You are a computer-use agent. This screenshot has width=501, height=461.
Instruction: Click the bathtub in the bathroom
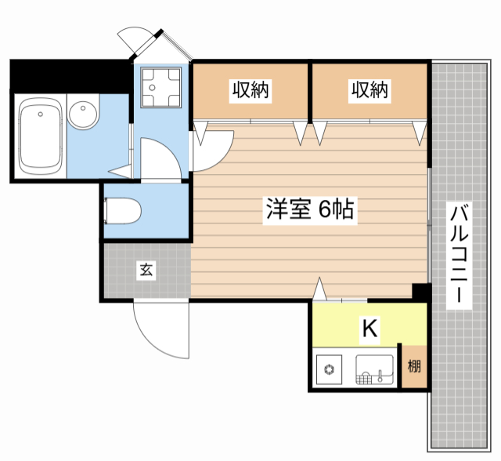point(40,136)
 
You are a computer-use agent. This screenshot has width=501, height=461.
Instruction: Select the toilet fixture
point(123,211)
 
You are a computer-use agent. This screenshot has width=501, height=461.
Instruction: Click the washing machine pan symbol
point(161,87)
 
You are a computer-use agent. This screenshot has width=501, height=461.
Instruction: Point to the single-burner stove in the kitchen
point(329,369)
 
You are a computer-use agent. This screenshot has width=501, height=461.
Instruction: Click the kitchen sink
point(374,369)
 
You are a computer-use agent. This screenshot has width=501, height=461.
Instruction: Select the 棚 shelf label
point(414,366)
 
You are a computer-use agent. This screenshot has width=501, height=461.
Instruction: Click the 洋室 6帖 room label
point(310,209)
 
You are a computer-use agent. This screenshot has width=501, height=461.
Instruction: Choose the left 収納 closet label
point(250,90)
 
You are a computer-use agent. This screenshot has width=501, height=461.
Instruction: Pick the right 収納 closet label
point(369,90)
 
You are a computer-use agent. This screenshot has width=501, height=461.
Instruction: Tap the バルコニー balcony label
point(460,255)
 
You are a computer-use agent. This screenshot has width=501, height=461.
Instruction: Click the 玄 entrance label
point(146,270)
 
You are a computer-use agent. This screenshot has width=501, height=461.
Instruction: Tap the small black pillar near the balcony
point(421,292)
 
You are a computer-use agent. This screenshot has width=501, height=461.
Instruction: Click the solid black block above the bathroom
point(70,76)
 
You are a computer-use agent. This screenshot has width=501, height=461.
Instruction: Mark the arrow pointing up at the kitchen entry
point(320,289)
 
